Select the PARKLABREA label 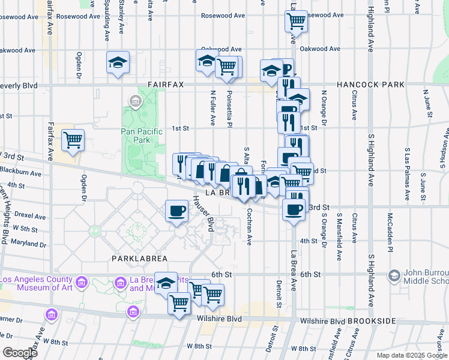pos(139,258)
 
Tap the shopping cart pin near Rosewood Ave pos(296,21)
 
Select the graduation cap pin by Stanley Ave pos(118,62)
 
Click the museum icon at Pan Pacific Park pos(135,100)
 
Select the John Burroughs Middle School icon pos(394,275)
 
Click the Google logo pos(20,353)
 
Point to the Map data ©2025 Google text pos(411,355)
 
